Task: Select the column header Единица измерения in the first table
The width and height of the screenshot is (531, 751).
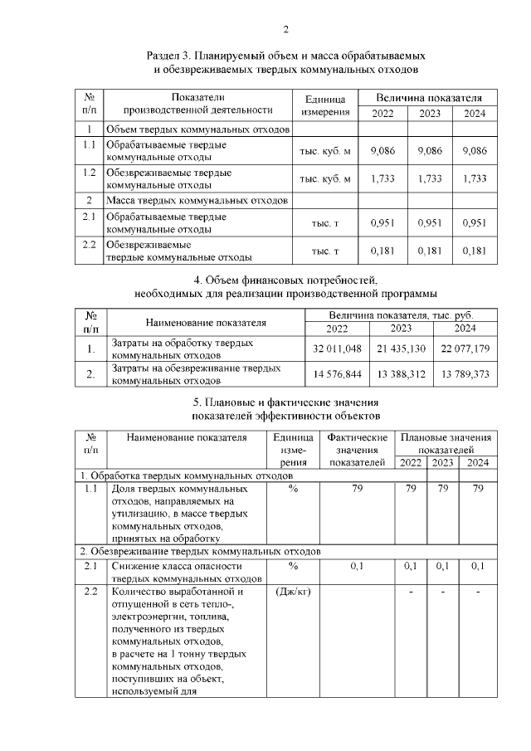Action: (x=325, y=105)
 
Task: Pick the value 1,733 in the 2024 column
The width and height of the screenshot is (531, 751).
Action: (x=475, y=178)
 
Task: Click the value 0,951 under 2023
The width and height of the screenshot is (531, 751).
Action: (x=429, y=223)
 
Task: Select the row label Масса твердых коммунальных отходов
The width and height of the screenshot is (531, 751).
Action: (x=197, y=200)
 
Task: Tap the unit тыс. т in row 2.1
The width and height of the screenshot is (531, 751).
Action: (x=325, y=223)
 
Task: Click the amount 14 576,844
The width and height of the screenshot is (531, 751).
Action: (x=338, y=375)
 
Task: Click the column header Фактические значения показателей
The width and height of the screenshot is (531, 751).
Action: (x=358, y=449)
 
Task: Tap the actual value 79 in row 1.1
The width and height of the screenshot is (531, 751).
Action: (x=358, y=489)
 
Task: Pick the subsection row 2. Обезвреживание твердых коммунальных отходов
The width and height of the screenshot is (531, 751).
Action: (x=199, y=551)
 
